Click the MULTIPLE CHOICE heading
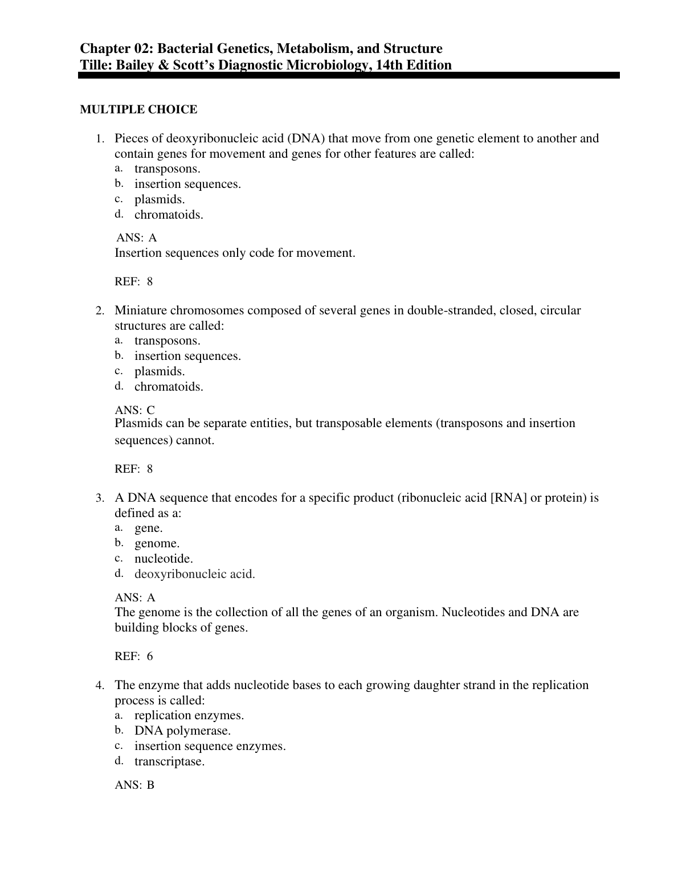click(x=138, y=109)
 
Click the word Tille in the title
click(x=96, y=65)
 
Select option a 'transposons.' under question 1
click(x=167, y=169)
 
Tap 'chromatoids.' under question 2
click(x=169, y=387)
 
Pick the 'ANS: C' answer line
click(x=134, y=410)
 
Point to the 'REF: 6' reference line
click(x=134, y=656)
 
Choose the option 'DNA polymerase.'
click(x=182, y=731)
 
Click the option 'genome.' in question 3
click(x=157, y=543)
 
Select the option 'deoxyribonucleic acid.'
click(x=194, y=574)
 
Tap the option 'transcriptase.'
click(x=169, y=761)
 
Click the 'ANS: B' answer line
click(x=134, y=785)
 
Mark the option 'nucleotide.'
click(x=164, y=559)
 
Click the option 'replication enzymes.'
click(x=189, y=715)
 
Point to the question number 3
click(x=100, y=498)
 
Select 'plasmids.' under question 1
click(x=160, y=199)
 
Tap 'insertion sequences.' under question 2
click(x=187, y=356)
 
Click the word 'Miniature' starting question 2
click(x=141, y=310)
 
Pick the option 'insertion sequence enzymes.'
click(x=210, y=746)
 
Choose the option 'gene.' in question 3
click(x=148, y=528)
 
